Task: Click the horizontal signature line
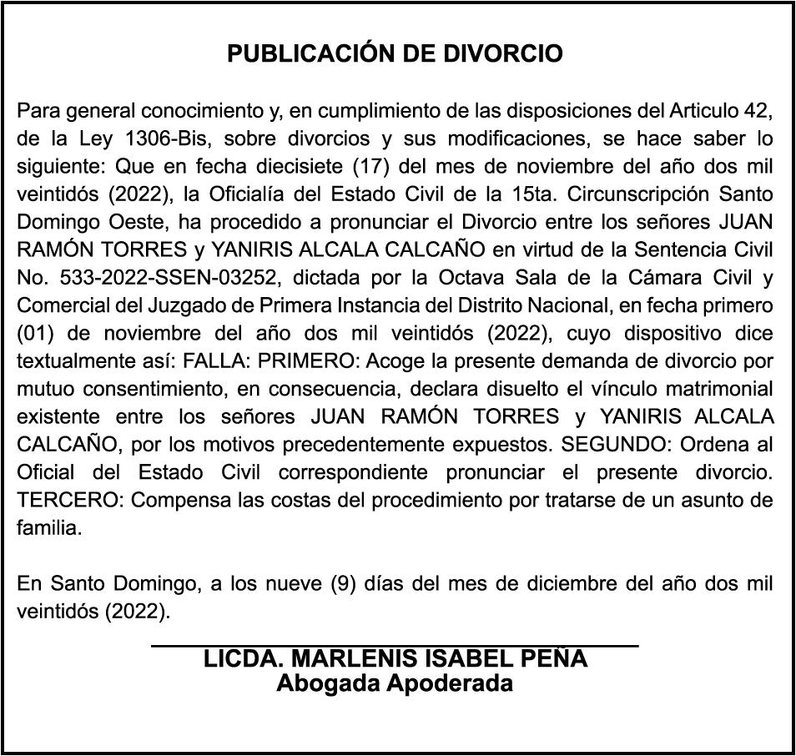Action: (395, 644)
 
